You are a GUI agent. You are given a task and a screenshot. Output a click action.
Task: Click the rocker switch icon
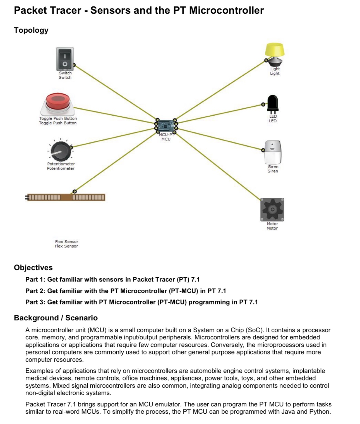pyautogui.click(x=65, y=59)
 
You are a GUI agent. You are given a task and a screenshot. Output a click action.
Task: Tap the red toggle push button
pyautogui.click(x=58, y=102)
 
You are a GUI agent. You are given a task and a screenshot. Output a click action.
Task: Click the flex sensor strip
pyautogui.click(x=66, y=197)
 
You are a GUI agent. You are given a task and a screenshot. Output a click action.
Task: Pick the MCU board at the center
pyautogui.click(x=166, y=126)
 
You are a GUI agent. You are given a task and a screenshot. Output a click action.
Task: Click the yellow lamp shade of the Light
pyautogui.click(x=275, y=50)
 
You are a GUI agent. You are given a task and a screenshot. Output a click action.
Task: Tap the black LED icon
pyautogui.click(x=273, y=103)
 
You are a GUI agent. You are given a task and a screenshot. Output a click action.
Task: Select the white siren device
pyautogui.click(x=273, y=152)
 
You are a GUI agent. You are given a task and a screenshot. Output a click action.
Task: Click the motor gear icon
pyautogui.click(x=272, y=209)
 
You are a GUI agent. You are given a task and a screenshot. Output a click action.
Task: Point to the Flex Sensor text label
pyautogui.click(x=66, y=244)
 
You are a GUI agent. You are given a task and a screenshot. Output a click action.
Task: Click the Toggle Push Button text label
pyautogui.click(x=58, y=121)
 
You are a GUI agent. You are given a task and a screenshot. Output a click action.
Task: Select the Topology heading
pyautogui.click(x=31, y=30)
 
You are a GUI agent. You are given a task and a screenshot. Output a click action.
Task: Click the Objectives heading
pyautogui.click(x=33, y=267)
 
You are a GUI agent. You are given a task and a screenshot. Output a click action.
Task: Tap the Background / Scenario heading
pyautogui.click(x=56, y=318)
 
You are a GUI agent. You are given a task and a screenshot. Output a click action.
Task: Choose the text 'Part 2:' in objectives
pyautogui.click(x=35, y=291)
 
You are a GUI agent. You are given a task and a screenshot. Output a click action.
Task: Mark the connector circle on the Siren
pyautogui.click(x=263, y=150)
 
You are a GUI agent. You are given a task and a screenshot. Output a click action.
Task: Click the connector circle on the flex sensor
pyautogui.click(x=75, y=191)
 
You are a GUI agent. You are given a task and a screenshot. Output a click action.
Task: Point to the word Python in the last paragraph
pyautogui.click(x=320, y=411)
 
